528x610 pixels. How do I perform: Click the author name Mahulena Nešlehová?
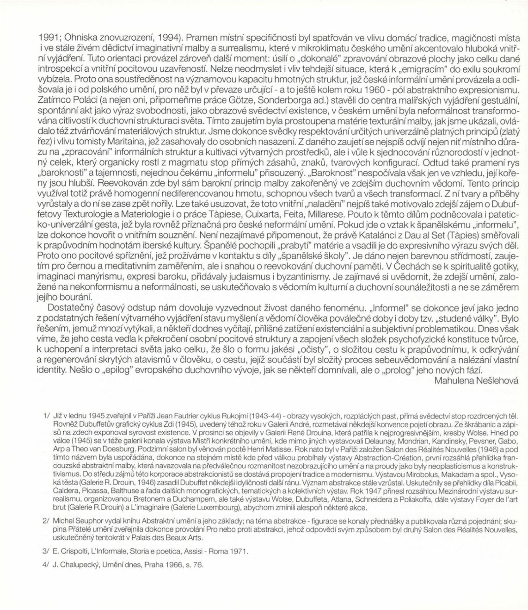tap(476, 380)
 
